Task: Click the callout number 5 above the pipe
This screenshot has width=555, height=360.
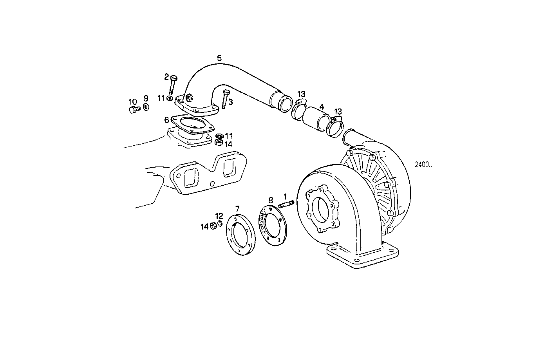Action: pos(219,58)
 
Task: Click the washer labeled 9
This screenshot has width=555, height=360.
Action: pos(146,107)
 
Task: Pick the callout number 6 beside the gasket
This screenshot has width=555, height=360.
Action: pos(166,120)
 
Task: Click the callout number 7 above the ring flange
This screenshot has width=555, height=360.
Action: pos(237,208)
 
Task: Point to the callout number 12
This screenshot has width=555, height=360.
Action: pos(219,216)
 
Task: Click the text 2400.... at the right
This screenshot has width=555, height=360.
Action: pos(425,165)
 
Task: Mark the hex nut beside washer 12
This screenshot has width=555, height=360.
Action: pos(214,226)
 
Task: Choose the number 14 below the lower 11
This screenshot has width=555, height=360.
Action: pos(228,144)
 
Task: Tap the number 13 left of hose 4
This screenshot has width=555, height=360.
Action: pos(301,94)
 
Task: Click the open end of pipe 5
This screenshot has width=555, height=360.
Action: pos(285,103)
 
